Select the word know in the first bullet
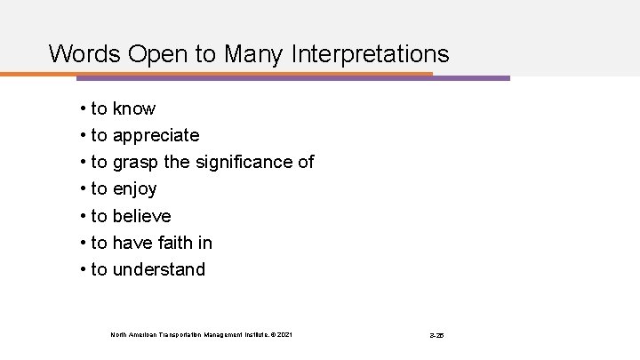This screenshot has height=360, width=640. coord(134,109)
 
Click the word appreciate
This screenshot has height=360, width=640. coord(156,136)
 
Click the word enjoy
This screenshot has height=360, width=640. coord(135,189)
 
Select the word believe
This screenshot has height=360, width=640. coord(142,216)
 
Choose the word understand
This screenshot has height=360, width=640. coord(159,269)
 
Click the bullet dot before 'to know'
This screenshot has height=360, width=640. coord(82,109)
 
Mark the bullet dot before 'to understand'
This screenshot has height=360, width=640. coord(82,269)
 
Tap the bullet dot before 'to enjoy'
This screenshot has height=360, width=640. coord(82,189)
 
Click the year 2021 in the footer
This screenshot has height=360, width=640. coord(283,334)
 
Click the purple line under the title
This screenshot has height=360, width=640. coord(471,78)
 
